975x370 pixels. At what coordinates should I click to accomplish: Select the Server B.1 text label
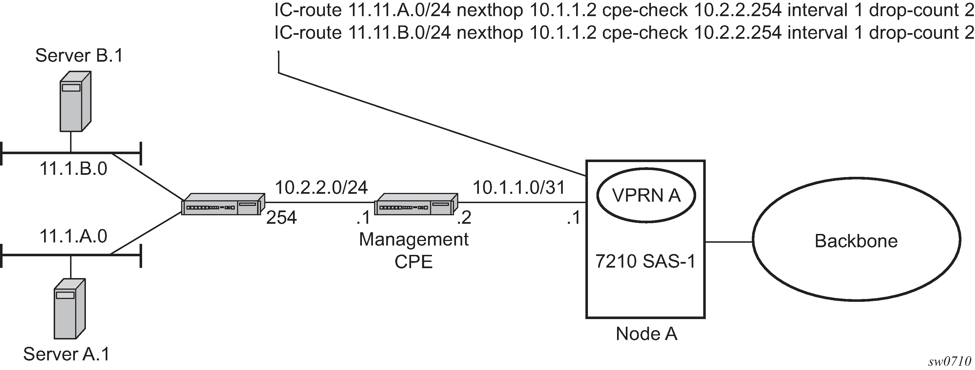coord(79,56)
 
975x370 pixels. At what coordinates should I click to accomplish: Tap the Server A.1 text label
coord(67,354)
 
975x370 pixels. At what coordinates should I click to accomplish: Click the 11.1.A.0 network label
coord(73,236)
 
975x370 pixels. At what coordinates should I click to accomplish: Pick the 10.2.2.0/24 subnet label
coord(321,187)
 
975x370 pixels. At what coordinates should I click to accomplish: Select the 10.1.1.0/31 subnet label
coord(519,187)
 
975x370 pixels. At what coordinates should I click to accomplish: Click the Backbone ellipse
coord(856,241)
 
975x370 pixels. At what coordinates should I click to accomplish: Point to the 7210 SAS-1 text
coord(646,261)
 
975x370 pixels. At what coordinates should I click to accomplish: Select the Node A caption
coord(646,334)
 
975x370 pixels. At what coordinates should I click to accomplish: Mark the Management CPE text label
coord(414,251)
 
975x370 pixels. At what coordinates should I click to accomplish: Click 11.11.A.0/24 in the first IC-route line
coord(399,10)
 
